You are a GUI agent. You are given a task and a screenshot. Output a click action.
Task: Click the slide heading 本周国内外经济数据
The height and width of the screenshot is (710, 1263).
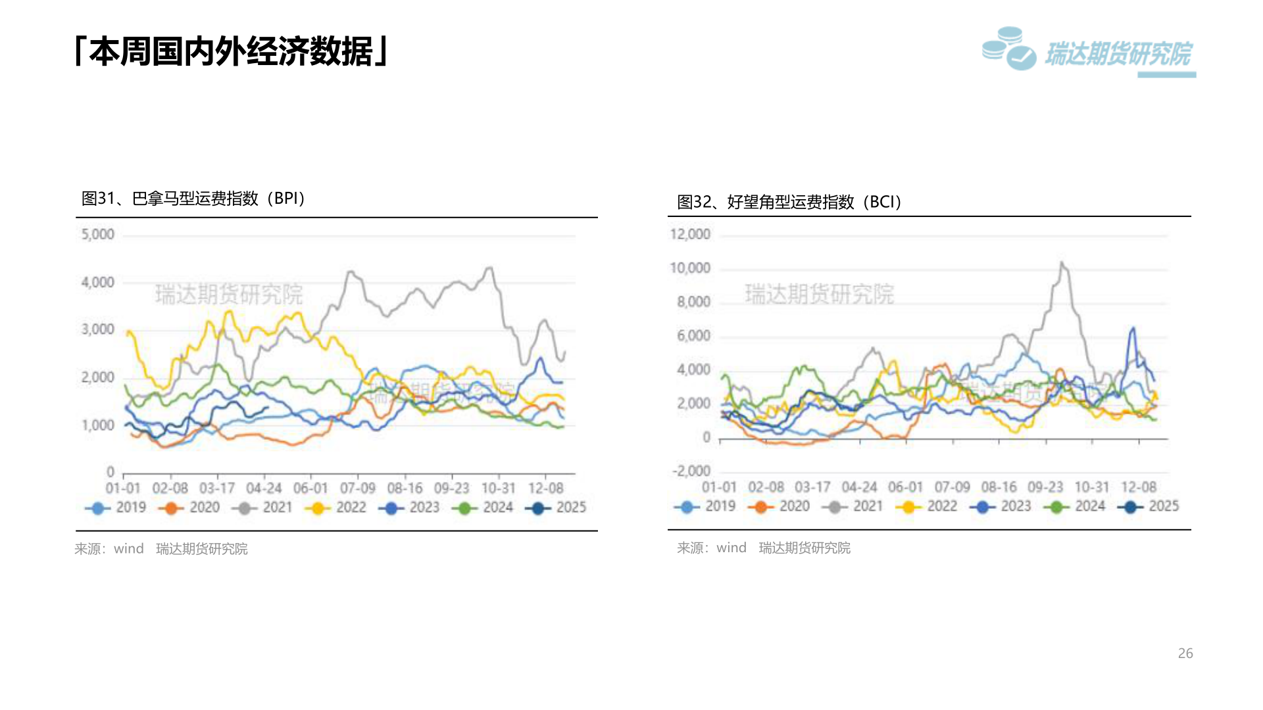pyautogui.click(x=232, y=51)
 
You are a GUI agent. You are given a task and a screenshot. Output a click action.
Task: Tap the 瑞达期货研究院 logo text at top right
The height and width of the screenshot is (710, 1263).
pyautogui.click(x=1118, y=54)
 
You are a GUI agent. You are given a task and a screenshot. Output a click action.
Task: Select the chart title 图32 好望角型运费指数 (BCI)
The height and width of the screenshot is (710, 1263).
pyautogui.click(x=789, y=202)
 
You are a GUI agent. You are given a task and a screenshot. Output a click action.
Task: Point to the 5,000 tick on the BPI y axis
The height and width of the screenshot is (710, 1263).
pyautogui.click(x=97, y=235)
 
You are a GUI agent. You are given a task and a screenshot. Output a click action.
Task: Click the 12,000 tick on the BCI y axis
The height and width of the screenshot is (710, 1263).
pyautogui.click(x=690, y=234)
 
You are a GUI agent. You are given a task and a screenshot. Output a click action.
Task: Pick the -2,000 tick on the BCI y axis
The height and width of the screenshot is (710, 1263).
pyautogui.click(x=691, y=471)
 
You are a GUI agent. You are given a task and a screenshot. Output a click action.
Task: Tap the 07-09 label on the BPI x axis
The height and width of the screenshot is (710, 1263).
pyautogui.click(x=357, y=488)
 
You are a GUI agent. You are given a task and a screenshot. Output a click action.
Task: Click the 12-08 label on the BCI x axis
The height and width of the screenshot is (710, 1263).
pyautogui.click(x=1138, y=487)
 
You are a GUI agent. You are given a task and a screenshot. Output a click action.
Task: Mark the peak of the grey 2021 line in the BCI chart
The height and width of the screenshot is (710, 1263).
pyautogui.click(x=1061, y=263)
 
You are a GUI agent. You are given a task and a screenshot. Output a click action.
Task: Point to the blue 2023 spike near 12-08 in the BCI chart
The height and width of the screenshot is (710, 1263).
pyautogui.click(x=1133, y=328)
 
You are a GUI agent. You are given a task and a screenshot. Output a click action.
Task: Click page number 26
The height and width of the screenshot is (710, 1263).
pyautogui.click(x=1185, y=653)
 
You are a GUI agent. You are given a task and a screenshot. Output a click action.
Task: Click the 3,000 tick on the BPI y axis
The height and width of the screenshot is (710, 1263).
pyautogui.click(x=97, y=329)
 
